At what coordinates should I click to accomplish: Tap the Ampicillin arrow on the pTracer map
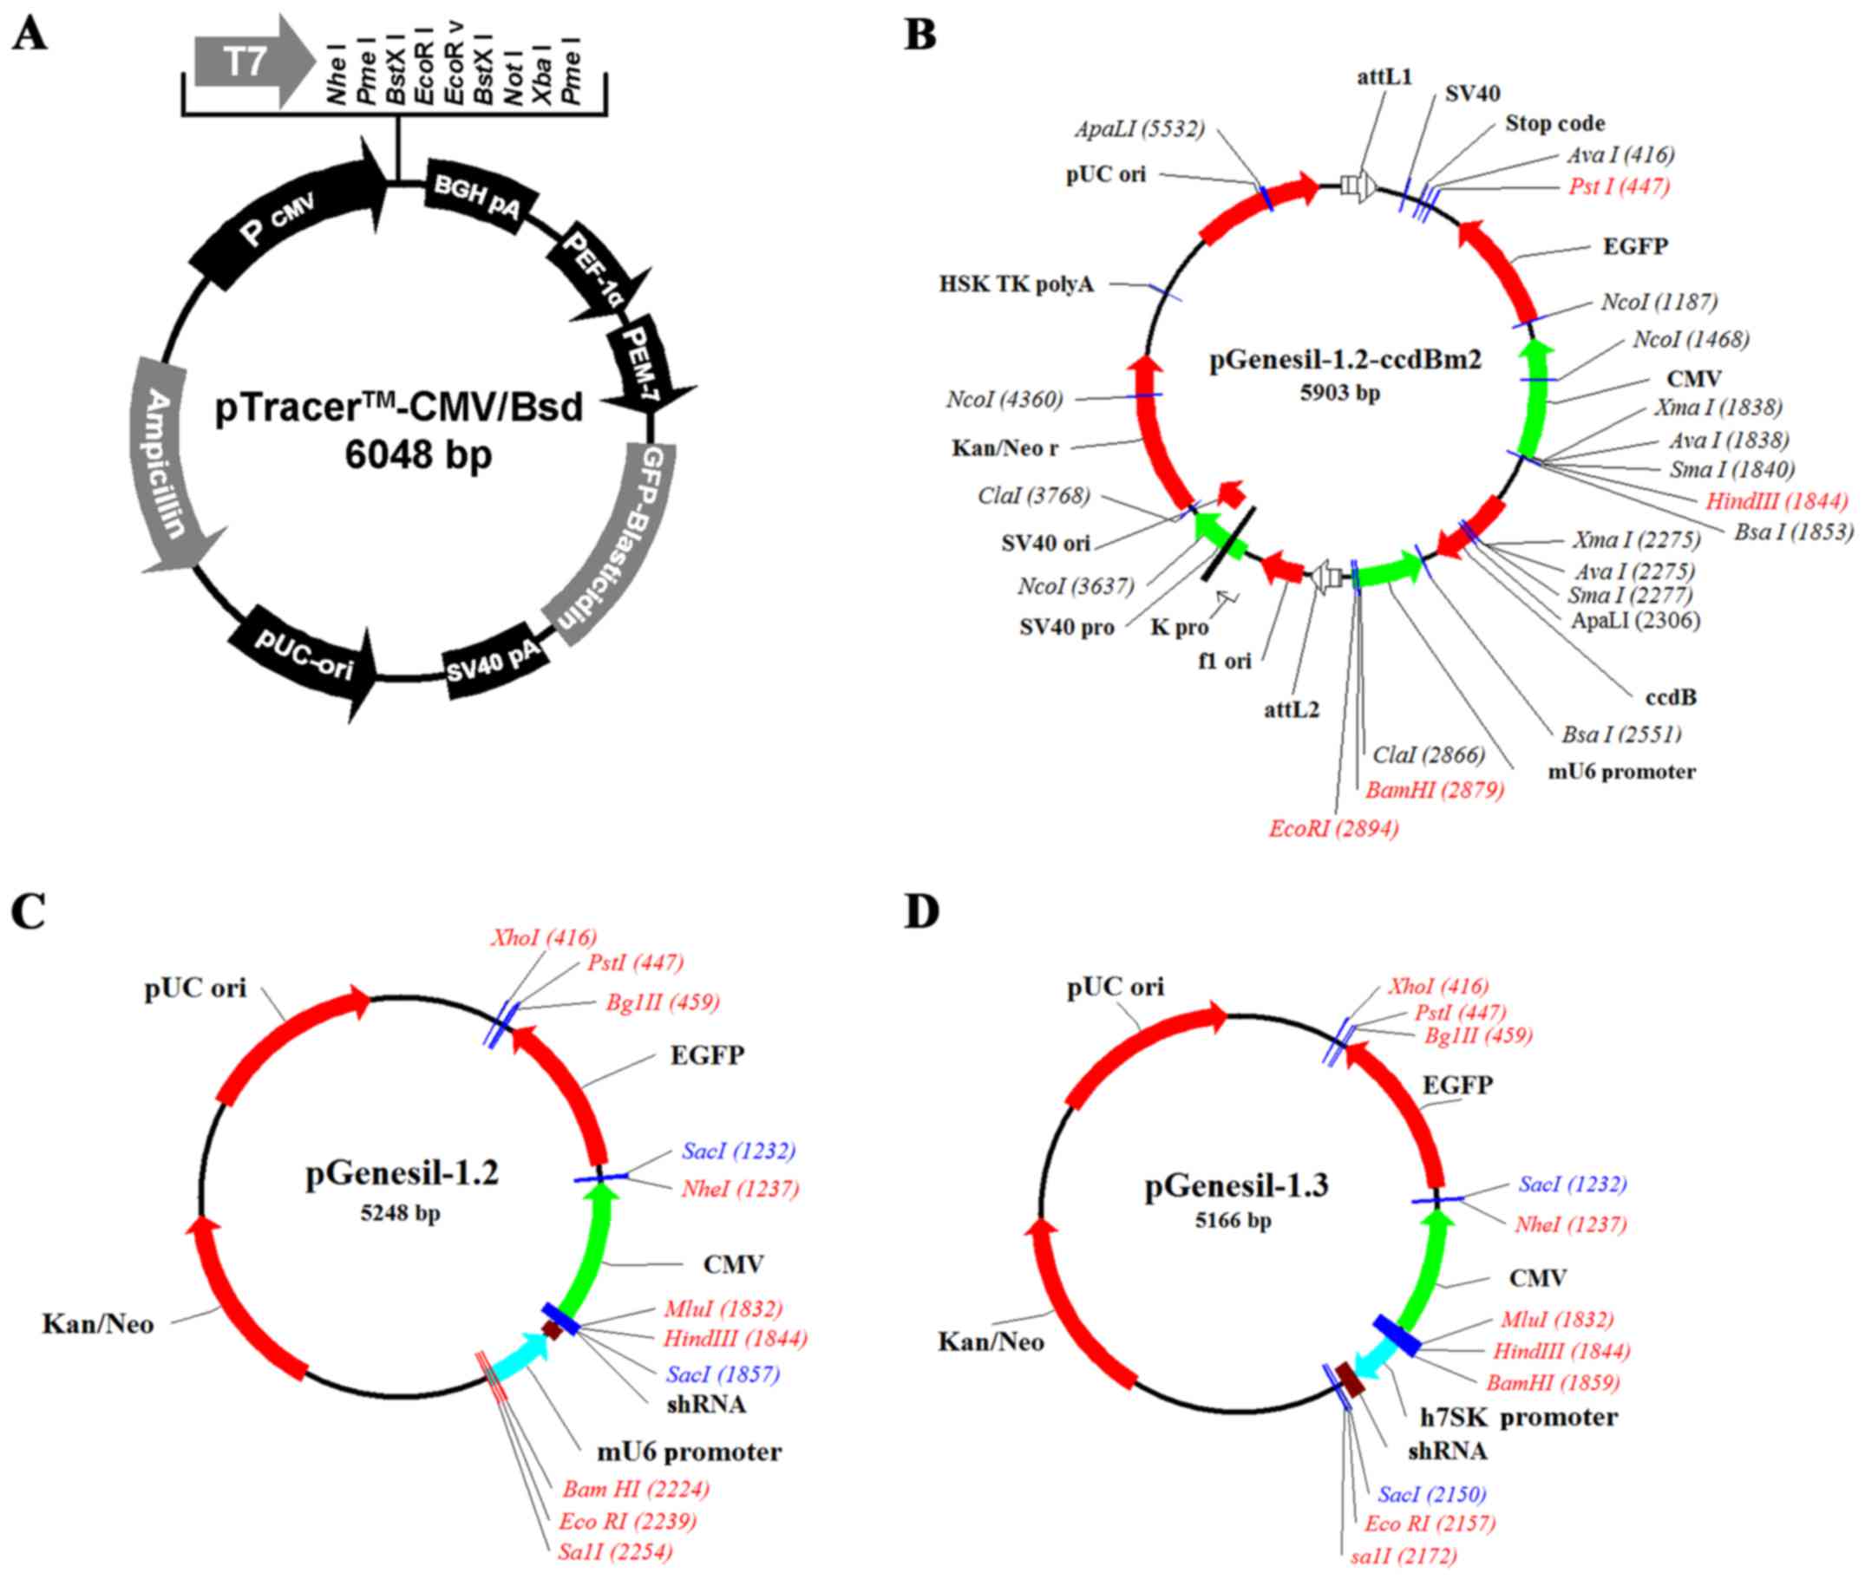pyautogui.click(x=170, y=466)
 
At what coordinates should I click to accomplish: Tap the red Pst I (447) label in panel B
pyautogui.click(x=1619, y=186)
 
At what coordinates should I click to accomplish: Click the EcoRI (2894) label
pyautogui.click(x=1333, y=829)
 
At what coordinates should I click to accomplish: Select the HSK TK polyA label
pyautogui.click(x=1017, y=284)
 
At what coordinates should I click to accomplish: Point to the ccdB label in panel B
pyautogui.click(x=1671, y=696)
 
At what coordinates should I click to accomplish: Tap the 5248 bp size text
pyautogui.click(x=400, y=1213)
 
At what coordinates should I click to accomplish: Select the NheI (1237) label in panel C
pyautogui.click(x=739, y=1189)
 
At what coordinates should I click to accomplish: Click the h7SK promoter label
pyautogui.click(x=1519, y=1417)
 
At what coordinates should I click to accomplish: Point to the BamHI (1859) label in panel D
pyautogui.click(x=1553, y=1383)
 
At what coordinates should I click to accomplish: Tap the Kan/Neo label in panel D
pyautogui.click(x=991, y=1341)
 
